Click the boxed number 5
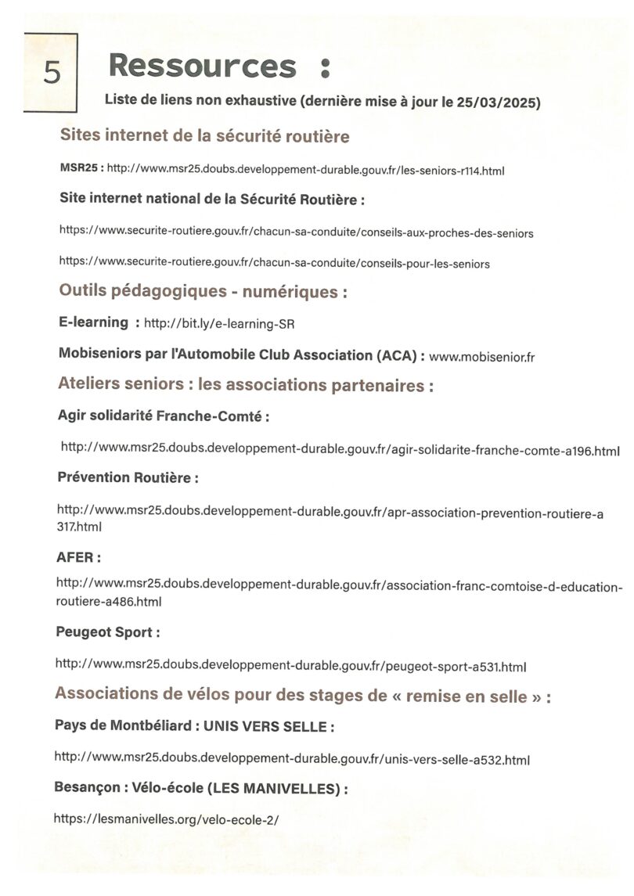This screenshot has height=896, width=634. [x=51, y=72]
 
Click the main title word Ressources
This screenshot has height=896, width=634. [x=203, y=66]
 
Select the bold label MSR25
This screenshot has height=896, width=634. [x=80, y=167]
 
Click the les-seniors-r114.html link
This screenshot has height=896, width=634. [x=305, y=169]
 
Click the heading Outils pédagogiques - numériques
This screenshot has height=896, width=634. [x=203, y=293]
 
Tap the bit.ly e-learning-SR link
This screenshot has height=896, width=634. [x=219, y=323]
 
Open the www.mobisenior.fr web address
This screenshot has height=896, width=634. [x=481, y=357]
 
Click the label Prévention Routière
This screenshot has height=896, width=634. [x=127, y=477]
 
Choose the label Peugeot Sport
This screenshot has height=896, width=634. [x=107, y=632]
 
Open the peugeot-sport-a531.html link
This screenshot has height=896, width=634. [x=290, y=666]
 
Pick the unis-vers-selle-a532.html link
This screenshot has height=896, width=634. [x=292, y=758]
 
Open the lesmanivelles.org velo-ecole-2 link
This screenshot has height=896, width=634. [x=166, y=819]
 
